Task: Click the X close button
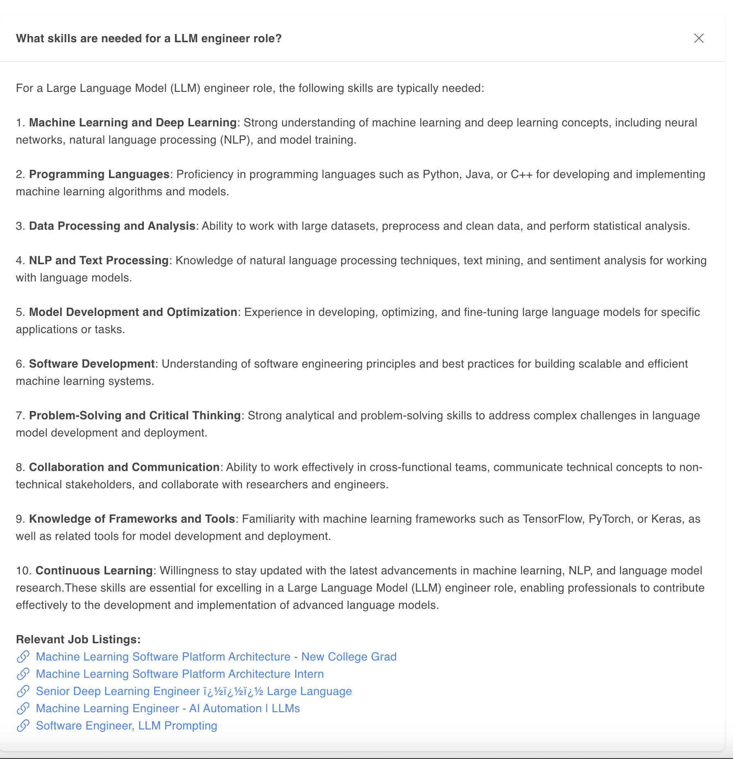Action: coord(699,38)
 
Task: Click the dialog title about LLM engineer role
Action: coord(149,39)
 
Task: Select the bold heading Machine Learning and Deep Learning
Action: coord(133,123)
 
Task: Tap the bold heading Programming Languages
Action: coord(99,174)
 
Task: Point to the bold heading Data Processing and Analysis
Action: coord(112,226)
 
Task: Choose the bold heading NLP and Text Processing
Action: coord(99,261)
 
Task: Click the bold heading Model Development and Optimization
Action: coord(133,312)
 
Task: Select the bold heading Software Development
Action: coord(92,364)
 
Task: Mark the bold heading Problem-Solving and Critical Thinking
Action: coord(135,416)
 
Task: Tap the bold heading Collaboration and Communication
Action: coord(124,467)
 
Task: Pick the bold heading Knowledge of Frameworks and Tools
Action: coord(132,519)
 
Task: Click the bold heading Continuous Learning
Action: coord(94,571)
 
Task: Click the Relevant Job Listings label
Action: coord(78,640)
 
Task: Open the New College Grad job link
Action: coord(216,657)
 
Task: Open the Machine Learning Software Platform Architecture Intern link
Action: coord(180,674)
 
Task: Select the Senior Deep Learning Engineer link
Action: coord(193,691)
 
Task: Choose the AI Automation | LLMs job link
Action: coord(168,709)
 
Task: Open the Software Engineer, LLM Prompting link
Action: coord(126,726)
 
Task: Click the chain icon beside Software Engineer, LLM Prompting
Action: coord(23,726)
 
